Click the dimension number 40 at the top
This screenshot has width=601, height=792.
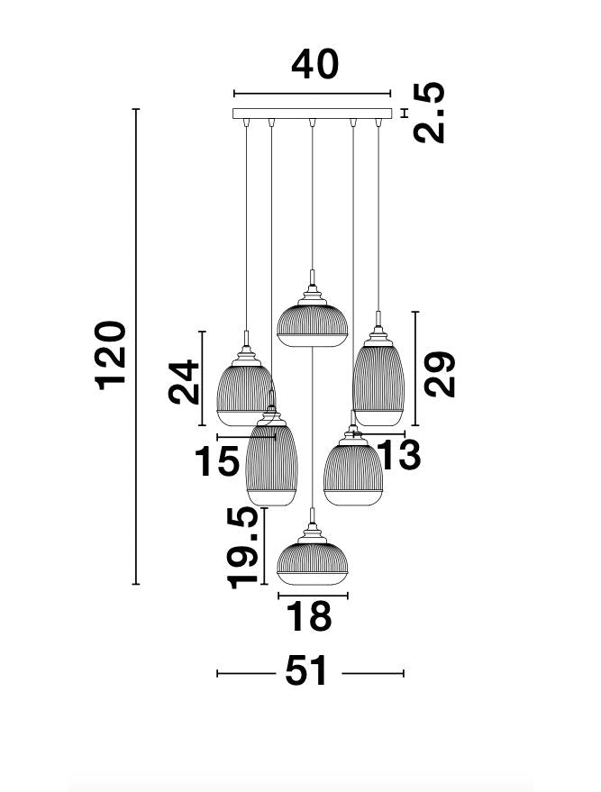tap(314, 66)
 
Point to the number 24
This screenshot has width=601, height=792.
tap(184, 381)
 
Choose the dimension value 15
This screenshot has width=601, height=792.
tap(218, 461)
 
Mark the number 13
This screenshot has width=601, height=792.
tap(399, 456)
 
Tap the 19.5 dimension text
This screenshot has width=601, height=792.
tap(243, 547)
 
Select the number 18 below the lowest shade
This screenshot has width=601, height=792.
tap(308, 618)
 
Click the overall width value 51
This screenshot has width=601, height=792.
tap(308, 672)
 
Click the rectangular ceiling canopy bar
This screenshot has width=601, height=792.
tap(313, 114)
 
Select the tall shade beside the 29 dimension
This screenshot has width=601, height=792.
tap(378, 382)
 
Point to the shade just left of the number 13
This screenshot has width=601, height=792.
tap(353, 471)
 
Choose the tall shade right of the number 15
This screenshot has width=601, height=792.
tap(271, 462)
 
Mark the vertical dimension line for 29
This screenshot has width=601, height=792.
tap(414, 369)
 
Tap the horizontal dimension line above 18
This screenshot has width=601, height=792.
tap(312, 596)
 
